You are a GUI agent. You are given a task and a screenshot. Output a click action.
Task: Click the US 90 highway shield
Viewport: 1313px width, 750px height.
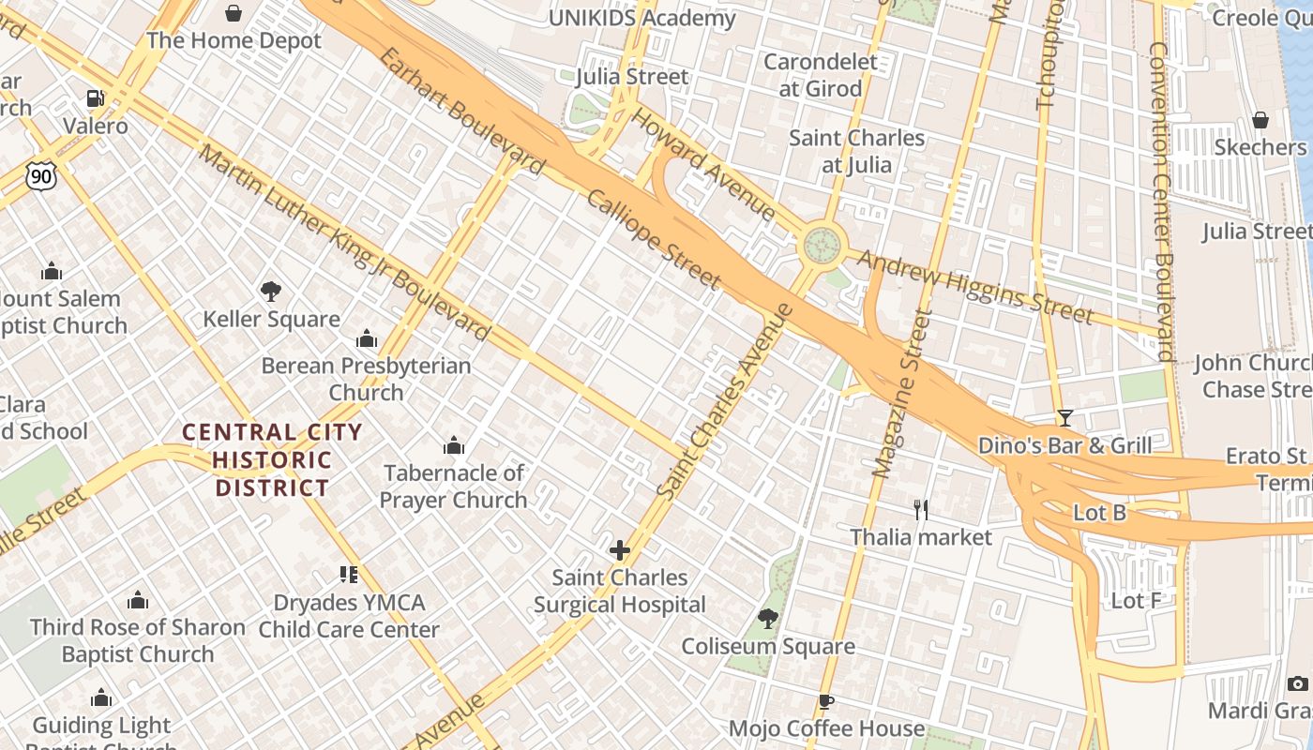tap(41, 174)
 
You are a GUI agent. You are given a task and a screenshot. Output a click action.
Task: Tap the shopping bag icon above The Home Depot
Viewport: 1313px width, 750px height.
tap(234, 13)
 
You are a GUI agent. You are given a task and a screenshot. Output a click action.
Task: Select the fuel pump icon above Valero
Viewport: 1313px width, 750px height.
tap(95, 98)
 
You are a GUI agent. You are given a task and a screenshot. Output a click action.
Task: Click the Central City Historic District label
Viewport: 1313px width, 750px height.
tap(272, 459)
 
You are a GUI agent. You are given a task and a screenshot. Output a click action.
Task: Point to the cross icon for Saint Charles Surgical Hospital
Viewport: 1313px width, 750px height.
tap(619, 550)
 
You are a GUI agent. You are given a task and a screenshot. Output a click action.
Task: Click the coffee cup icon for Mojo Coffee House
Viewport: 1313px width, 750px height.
tap(825, 701)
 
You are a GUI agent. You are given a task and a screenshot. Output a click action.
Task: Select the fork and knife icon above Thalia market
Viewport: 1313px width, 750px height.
tap(921, 510)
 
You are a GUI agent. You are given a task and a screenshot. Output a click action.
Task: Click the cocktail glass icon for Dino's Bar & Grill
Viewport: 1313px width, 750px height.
tap(1064, 418)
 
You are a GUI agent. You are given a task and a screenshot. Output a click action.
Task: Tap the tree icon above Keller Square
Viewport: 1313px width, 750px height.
tap(271, 292)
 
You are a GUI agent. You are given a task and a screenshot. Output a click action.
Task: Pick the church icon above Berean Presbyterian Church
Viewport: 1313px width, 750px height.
tap(367, 338)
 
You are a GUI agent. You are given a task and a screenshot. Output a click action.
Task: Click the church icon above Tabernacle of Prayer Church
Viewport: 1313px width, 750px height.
tap(454, 445)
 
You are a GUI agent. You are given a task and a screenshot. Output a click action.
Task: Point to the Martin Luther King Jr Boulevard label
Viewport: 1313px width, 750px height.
tap(344, 245)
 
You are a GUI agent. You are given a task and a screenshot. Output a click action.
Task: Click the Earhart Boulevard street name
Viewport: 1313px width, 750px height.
tap(461, 111)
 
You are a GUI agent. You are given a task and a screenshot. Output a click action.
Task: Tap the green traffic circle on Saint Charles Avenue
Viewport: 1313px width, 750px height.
tap(822, 246)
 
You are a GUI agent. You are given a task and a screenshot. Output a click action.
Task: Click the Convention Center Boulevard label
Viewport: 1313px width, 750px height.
tap(1162, 201)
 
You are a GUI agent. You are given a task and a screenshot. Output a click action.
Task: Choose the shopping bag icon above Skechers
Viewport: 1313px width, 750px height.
tap(1260, 120)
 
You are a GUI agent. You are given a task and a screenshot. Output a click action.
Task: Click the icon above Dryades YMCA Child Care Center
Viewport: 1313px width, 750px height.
tap(349, 575)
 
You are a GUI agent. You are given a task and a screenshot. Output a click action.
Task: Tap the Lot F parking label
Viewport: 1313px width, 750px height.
tap(1136, 600)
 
